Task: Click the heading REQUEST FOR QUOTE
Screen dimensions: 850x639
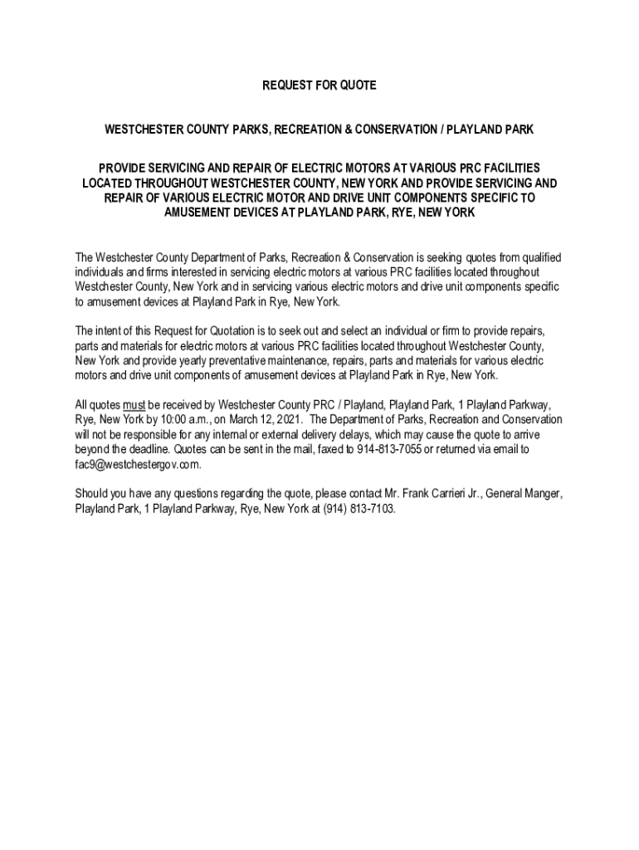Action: pyautogui.click(x=319, y=85)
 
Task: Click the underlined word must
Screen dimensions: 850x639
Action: pyautogui.click(x=134, y=405)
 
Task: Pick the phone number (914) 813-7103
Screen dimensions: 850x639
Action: pyautogui.click(x=360, y=510)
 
